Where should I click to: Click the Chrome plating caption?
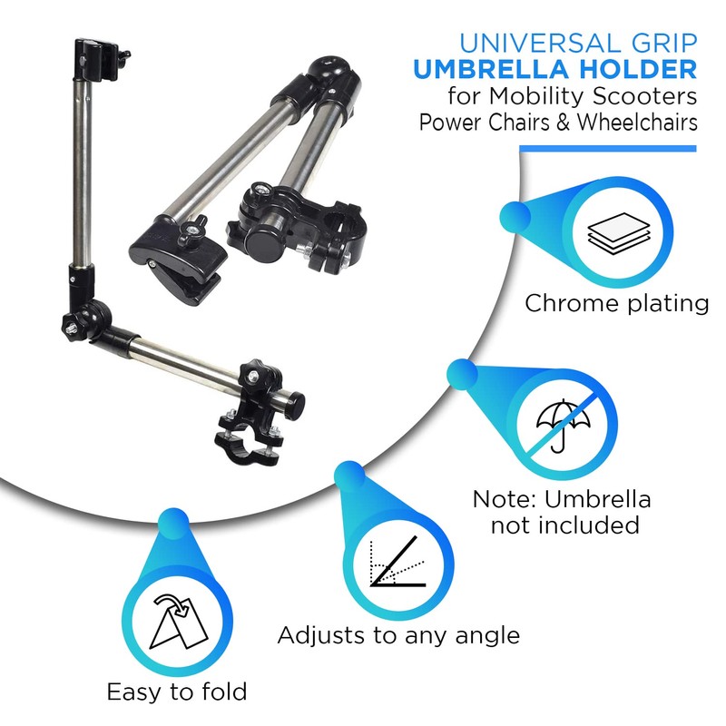616,303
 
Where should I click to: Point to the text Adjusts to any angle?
398,634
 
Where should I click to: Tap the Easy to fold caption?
176,692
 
